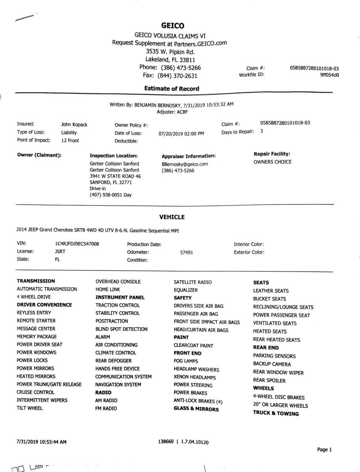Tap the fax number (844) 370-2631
point(177,76)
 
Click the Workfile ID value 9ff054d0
point(330,75)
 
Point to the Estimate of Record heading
point(172,89)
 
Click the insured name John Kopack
point(74,124)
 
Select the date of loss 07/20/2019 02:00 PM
point(181,133)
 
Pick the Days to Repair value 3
point(262,131)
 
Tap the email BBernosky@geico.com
point(185,164)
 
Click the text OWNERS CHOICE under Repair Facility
point(273,162)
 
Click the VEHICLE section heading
point(172,217)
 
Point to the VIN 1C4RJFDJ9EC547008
point(77,244)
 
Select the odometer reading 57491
point(186,253)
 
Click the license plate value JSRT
point(60,251)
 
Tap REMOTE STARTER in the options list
point(36,321)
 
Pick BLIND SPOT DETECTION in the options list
point(122,329)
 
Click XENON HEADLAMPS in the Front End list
point(194,377)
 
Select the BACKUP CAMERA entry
point(272,364)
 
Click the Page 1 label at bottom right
point(325,450)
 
